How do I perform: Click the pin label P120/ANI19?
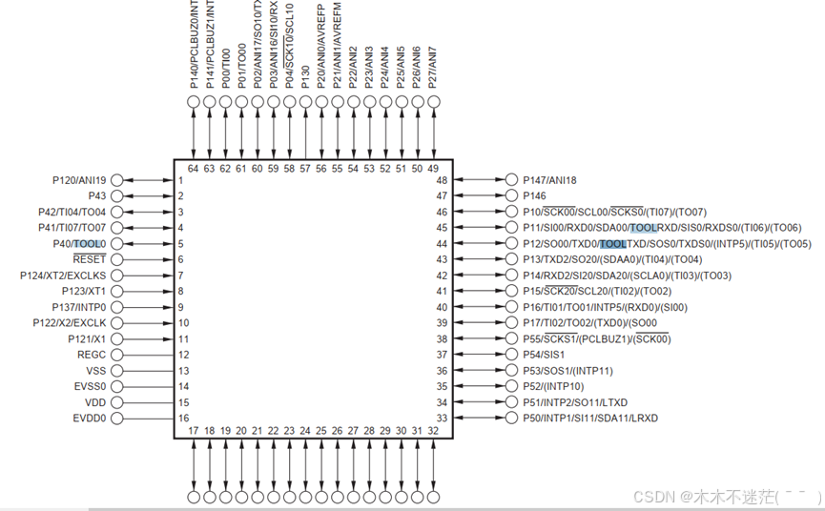(79, 179)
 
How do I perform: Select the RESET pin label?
(90, 259)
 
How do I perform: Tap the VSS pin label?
(96, 371)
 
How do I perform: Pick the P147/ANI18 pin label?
(549, 179)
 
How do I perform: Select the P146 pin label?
(534, 195)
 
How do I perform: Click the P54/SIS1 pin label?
(544, 355)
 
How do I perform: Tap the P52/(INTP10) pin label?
(553, 386)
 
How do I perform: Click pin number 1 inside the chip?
(180, 180)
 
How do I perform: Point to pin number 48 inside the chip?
(442, 180)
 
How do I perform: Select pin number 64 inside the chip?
(194, 169)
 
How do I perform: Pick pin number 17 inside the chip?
(194, 430)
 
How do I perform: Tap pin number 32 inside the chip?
(433, 430)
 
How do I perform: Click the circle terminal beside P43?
(117, 195)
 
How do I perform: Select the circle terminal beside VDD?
(117, 402)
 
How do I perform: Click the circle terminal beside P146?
(511, 195)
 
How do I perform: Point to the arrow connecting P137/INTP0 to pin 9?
(148, 307)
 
